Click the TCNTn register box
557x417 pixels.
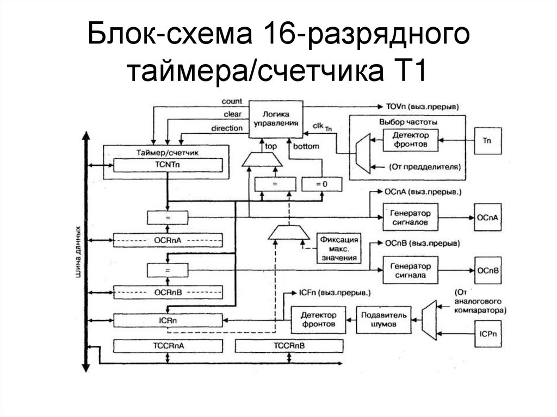pos(168,165)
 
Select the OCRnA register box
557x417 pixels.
pos(168,240)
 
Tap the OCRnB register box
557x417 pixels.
pos(168,292)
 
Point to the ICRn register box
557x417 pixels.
pos(168,320)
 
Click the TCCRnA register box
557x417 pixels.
pos(168,346)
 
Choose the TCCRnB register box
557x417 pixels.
pos(289,346)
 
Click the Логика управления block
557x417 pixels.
pos(276,119)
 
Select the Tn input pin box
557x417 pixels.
pos(487,140)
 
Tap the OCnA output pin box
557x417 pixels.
pos(487,217)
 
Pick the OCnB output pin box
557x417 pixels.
pos(487,270)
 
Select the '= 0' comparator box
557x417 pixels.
pos(322,185)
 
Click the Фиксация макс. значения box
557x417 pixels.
pos(338,248)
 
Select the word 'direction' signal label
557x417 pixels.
pos(226,128)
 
